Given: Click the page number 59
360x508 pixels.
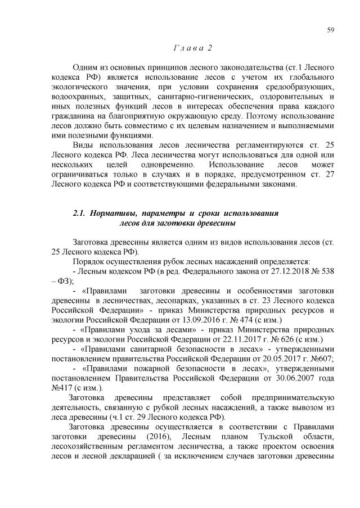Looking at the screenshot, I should (x=330, y=30).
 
